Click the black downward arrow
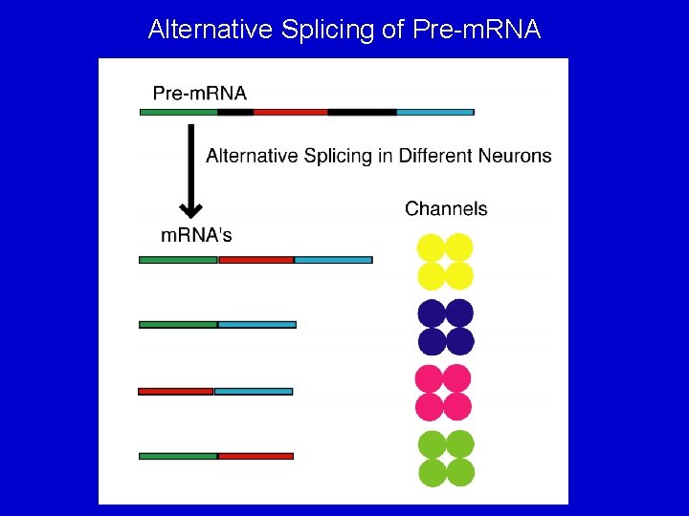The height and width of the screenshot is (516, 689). coord(191,177)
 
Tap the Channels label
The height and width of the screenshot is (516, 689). coord(446,208)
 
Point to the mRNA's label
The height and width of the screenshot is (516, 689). coord(195,235)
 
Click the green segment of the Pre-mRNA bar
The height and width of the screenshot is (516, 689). coord(178,112)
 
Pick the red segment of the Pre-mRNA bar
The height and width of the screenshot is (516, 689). coord(290,112)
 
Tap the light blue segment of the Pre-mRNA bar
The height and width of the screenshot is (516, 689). coord(434,112)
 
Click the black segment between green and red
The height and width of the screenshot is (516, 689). coord(235,112)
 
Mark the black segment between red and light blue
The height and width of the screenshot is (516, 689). coord(362,112)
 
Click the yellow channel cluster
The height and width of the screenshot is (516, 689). coord(445,262)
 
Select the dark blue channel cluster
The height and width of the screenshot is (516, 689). coord(445,328)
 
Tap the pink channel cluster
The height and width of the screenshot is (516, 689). coord(443,393)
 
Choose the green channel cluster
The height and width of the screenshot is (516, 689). coord(446,458)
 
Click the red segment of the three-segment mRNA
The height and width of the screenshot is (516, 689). coord(256,260)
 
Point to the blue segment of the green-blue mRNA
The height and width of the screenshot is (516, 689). coord(257,325)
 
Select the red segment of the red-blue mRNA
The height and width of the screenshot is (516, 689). coord(175,391)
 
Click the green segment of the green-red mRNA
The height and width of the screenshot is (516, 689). coord(178,456)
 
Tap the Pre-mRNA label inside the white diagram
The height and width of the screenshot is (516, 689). coord(200,93)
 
